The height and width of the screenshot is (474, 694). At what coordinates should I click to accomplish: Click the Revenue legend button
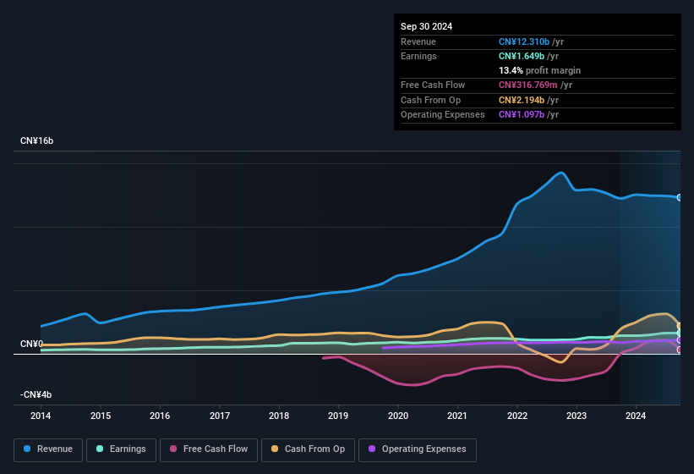(48, 449)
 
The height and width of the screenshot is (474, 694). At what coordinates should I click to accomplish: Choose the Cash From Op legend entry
(309, 449)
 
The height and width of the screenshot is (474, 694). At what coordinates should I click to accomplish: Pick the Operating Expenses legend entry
(418, 449)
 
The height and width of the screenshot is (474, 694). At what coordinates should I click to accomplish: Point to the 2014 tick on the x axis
(40, 416)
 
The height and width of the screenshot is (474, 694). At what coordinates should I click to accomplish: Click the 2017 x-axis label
(220, 416)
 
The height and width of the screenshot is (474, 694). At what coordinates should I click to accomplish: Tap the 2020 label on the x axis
(398, 416)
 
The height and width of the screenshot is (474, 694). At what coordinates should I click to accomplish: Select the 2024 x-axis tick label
(636, 416)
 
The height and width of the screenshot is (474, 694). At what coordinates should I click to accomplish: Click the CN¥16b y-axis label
(36, 141)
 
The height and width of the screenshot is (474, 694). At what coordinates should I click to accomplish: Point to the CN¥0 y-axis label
(31, 344)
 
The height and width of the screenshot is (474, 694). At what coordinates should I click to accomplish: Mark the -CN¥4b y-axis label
(36, 394)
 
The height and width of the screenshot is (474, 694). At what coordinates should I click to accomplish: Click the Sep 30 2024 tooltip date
(426, 26)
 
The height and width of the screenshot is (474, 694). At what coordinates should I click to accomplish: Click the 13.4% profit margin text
(539, 70)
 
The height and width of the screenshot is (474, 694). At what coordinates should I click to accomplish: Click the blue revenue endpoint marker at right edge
(680, 197)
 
